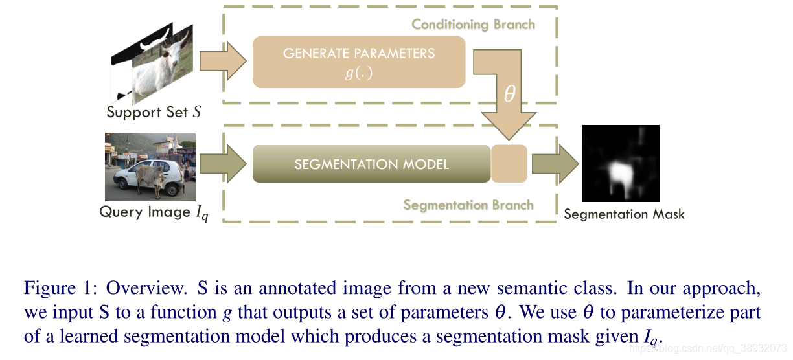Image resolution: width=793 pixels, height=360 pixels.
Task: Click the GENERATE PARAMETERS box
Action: (359, 62)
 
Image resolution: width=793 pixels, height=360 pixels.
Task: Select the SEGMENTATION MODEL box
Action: (371, 164)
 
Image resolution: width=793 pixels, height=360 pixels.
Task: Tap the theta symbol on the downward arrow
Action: (509, 95)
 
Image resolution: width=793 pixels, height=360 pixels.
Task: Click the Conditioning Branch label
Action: (473, 25)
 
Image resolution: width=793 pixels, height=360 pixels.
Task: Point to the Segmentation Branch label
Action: (468, 205)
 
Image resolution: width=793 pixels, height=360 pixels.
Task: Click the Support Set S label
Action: (154, 112)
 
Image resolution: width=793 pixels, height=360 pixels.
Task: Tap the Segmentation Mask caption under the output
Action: (624, 214)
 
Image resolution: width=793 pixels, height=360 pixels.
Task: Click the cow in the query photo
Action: (150, 175)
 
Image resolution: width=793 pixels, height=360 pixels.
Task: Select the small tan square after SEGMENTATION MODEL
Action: (509, 164)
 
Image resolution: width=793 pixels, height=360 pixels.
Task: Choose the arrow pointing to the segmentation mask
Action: (555, 164)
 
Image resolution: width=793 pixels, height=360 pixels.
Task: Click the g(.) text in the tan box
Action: (358, 73)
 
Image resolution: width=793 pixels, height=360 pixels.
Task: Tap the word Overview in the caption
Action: (144, 287)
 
